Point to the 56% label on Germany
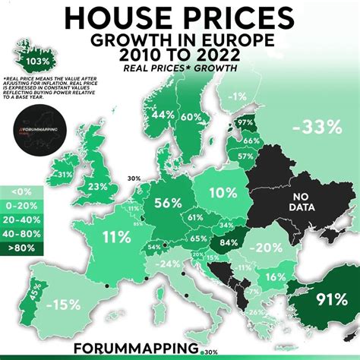[167, 203]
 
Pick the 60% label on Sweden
[191, 117]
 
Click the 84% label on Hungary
[229, 243]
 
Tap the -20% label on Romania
[268, 248]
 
